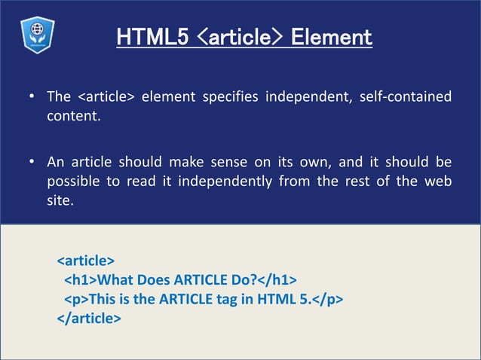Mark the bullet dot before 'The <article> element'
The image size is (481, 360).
[32, 97]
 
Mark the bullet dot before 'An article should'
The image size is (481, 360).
[32, 163]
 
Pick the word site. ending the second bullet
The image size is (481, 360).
[61, 202]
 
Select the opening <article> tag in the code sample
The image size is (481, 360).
[86, 261]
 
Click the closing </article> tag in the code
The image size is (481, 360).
[89, 319]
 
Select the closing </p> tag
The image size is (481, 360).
[327, 300]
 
